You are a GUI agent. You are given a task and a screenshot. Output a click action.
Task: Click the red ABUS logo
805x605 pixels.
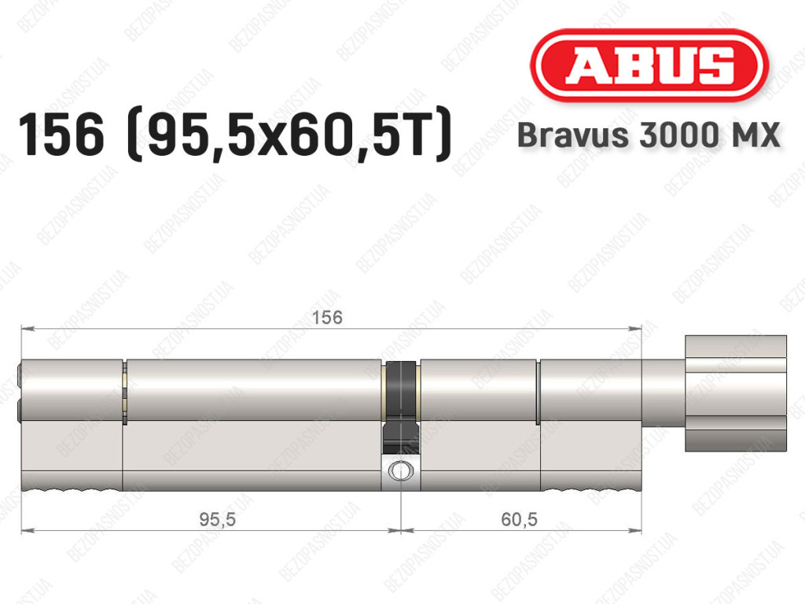649,65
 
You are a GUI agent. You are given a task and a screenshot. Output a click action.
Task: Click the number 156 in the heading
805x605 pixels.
61,135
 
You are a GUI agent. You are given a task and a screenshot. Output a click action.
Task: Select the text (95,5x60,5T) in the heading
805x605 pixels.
289,135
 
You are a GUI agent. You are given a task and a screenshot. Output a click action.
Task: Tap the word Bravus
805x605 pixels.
573,135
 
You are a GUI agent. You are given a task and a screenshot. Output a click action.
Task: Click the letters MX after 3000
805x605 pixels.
754,135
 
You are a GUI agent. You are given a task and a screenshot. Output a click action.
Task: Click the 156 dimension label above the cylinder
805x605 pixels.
327,317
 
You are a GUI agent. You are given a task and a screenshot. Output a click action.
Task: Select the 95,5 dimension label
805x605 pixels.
217,519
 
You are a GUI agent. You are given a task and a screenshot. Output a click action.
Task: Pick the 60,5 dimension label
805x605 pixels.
519,519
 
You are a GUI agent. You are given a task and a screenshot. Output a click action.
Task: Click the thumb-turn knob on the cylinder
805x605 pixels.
736,393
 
